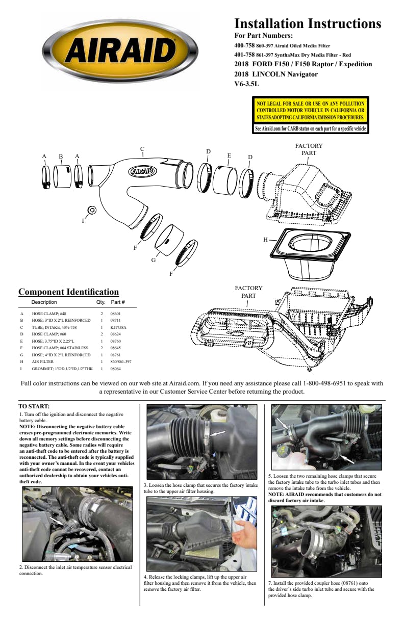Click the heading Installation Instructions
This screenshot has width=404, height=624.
(308, 23)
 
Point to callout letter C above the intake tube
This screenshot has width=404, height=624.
(142, 149)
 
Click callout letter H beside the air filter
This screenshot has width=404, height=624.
(265, 239)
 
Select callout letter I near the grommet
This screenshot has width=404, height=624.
(83, 221)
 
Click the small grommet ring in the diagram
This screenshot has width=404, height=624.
(92, 210)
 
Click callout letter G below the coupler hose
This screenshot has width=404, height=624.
(153, 260)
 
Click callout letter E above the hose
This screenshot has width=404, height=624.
(229, 155)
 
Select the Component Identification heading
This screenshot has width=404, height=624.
(68, 292)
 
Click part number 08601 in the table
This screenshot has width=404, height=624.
(115, 314)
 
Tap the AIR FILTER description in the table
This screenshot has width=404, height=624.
(43, 361)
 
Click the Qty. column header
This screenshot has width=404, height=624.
(100, 302)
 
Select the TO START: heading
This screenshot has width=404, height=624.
(34, 406)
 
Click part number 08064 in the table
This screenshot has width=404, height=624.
(115, 368)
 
